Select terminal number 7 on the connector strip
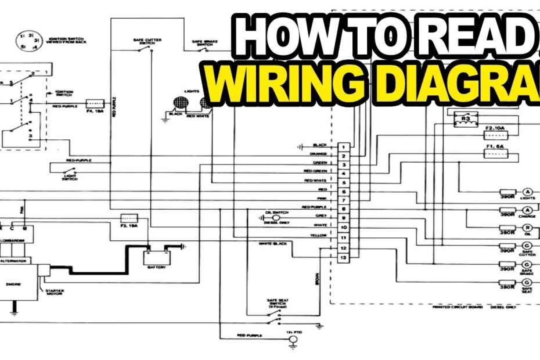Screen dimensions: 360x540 (x=344, y=200)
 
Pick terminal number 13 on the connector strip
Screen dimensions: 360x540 (x=344, y=257)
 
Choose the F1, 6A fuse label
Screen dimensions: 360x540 (x=496, y=147)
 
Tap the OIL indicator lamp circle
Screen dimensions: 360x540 (x=528, y=229)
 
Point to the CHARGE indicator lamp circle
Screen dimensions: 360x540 (x=528, y=210)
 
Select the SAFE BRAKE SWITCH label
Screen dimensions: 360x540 (x=205, y=44)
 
